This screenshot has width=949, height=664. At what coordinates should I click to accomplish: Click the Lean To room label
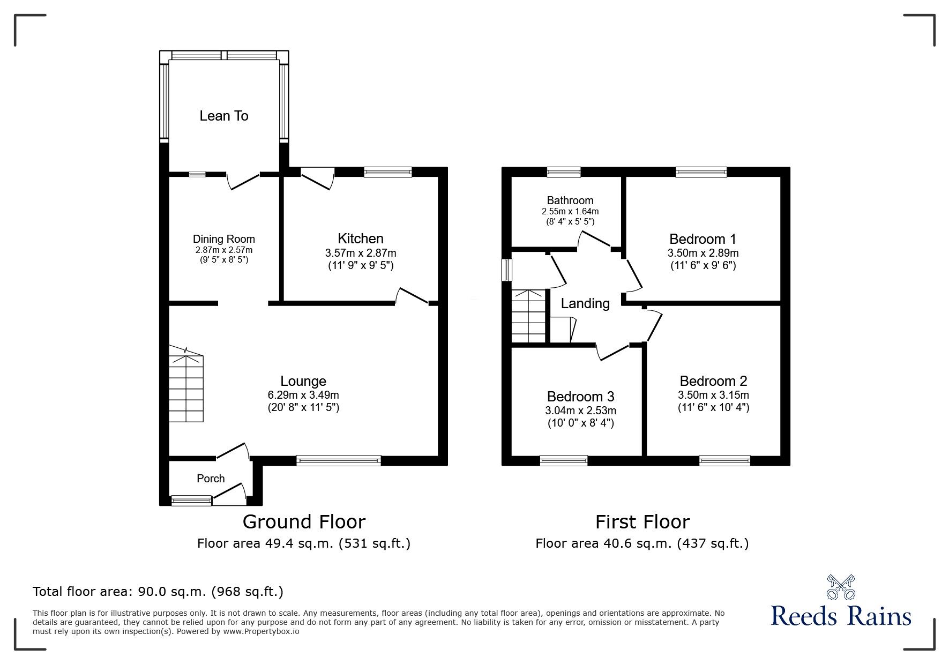coord(223,116)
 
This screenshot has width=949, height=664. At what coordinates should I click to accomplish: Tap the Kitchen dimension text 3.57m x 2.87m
coord(360,253)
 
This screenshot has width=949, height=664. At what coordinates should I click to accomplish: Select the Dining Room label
coord(223,239)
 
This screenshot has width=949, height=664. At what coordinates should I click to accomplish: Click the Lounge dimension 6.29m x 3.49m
coord(303,395)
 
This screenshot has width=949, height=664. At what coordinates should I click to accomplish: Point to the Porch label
coord(211,479)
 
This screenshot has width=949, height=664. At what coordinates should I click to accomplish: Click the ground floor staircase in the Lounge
coord(186,383)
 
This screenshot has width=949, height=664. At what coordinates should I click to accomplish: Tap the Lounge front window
coord(338,460)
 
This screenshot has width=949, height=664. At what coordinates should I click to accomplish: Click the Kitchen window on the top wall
coord(387,172)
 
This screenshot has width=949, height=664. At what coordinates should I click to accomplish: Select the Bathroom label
coord(570,200)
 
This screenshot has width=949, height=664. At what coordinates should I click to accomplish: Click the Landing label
coord(585,304)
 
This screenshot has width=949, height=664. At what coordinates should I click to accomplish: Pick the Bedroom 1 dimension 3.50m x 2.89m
coord(703,253)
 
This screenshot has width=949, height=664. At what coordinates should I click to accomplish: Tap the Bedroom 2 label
coord(713,381)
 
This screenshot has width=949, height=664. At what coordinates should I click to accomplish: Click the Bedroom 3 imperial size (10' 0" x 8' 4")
coord(580,423)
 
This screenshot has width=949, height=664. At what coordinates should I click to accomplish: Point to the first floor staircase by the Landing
coord(528,316)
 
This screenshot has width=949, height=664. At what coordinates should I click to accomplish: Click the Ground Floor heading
coord(304,521)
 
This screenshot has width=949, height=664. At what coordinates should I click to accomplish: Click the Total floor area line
coord(158,592)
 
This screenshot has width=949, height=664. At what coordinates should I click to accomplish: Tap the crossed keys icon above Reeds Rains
coord(841,587)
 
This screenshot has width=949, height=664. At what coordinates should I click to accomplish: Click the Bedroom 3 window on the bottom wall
coord(563,460)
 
